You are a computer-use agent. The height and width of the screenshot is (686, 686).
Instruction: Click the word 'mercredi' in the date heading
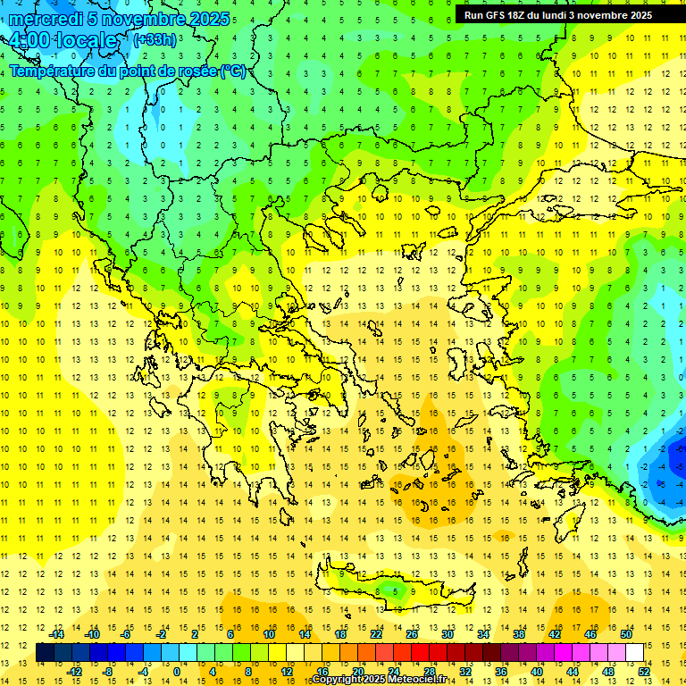pos(45,19)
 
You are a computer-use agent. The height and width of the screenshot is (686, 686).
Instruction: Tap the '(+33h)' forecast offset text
pos(154,40)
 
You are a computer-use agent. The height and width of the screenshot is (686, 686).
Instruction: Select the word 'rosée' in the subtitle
pos(191,71)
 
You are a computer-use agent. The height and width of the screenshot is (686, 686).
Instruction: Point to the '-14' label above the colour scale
pos(56,634)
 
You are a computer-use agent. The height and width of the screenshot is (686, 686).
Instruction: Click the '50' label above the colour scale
pos(625,634)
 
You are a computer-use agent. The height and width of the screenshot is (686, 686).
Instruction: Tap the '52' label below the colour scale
pos(643,672)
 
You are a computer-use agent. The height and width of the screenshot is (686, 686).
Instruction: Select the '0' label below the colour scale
pos(177,672)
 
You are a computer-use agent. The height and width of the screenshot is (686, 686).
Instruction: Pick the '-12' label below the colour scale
pos(75,672)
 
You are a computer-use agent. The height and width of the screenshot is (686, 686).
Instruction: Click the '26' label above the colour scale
pos(412,634)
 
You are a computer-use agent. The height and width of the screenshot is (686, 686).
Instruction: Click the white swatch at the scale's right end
pos(634,653)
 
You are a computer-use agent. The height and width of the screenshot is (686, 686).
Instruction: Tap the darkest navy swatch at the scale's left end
pos(46,653)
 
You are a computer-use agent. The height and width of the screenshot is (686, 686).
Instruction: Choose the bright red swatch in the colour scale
pos(421,653)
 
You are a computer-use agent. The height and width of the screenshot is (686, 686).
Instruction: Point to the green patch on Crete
pos(385,590)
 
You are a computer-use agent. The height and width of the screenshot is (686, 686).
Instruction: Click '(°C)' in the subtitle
pos(233,71)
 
